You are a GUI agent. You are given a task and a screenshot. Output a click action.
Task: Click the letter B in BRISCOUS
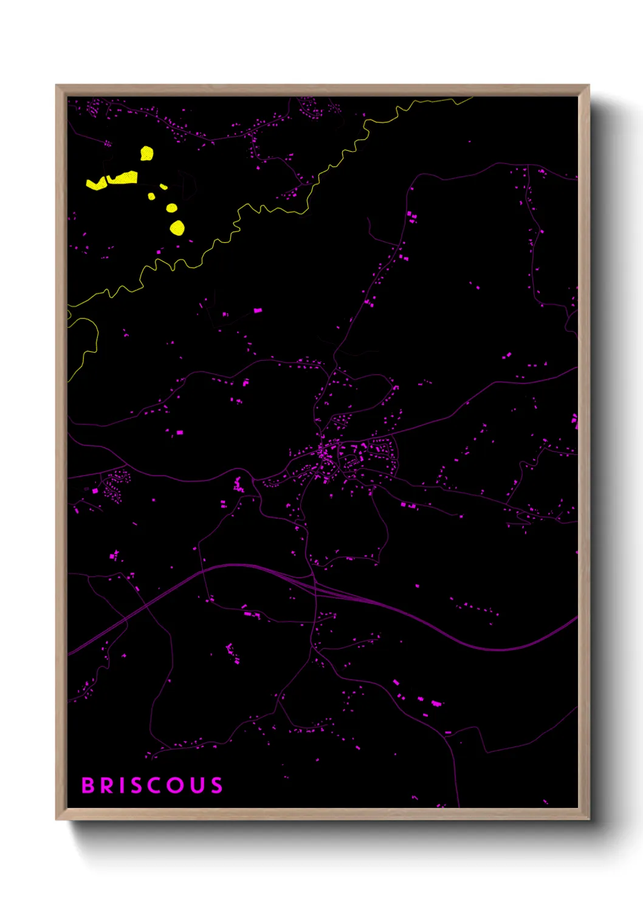pos(88,785)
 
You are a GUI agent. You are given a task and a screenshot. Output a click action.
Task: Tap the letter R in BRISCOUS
pos(108,785)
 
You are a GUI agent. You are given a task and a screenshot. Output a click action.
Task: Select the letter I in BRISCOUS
pos(122,785)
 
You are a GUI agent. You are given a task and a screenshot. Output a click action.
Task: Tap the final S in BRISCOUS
pos(217,785)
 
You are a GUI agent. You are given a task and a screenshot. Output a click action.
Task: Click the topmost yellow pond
pos(146,153)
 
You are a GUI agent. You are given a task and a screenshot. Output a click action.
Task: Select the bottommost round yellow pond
pos(177,228)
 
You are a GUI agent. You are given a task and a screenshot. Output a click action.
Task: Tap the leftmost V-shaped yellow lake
pos(96,184)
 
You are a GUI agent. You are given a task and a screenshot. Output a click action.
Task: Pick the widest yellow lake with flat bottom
pos(123,177)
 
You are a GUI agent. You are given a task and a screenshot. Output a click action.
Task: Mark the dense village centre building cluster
pos(325,456)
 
